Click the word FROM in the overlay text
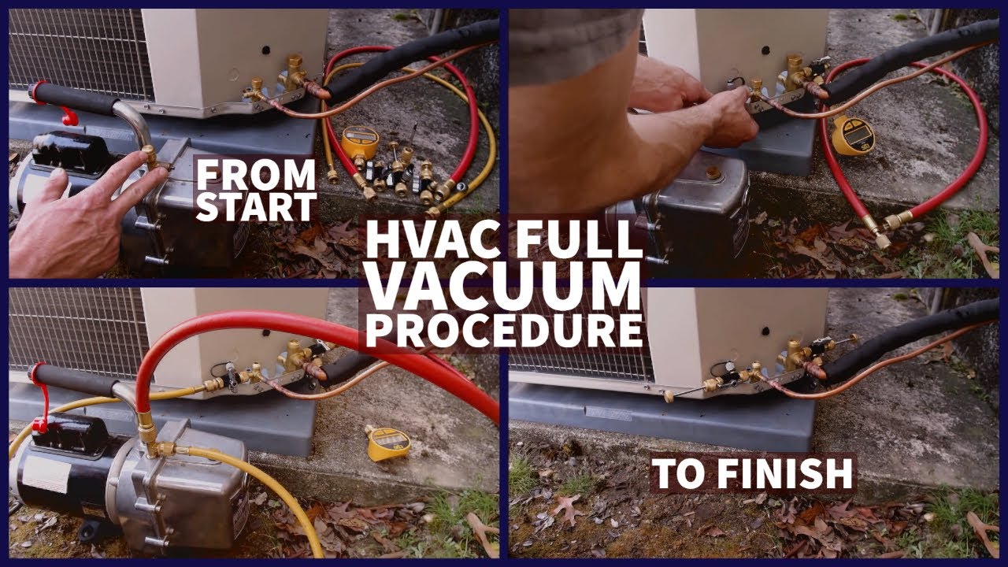tap(256, 176)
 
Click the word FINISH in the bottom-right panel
tap(785, 473)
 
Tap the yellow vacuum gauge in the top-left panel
tap(359, 143)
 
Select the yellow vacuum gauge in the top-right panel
tap(852, 135)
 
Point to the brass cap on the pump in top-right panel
tap(713, 172)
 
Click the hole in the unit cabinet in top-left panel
tap(266, 50)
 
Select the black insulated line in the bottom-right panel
tap(909, 342)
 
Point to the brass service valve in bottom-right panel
tap(793, 355)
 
